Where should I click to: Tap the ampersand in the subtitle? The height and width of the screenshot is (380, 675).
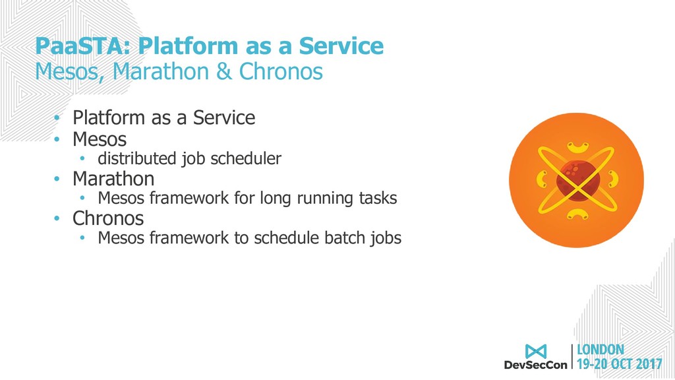click(224, 71)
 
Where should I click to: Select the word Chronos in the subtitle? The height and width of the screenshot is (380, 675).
click(281, 71)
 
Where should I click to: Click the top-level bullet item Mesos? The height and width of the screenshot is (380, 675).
click(100, 139)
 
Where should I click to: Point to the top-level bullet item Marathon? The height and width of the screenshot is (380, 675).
click(113, 179)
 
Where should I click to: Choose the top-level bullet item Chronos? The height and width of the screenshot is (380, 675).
click(108, 218)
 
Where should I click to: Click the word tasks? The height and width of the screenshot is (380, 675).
click(378, 198)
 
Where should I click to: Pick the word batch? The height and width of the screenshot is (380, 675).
click(344, 237)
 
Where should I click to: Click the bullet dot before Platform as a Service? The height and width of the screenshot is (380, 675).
click(57, 118)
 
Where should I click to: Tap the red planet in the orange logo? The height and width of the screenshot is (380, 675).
click(577, 180)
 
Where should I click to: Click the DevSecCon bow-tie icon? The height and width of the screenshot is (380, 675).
click(535, 352)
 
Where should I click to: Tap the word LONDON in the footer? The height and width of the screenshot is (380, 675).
click(600, 350)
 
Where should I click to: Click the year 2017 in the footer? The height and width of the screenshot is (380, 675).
click(649, 364)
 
